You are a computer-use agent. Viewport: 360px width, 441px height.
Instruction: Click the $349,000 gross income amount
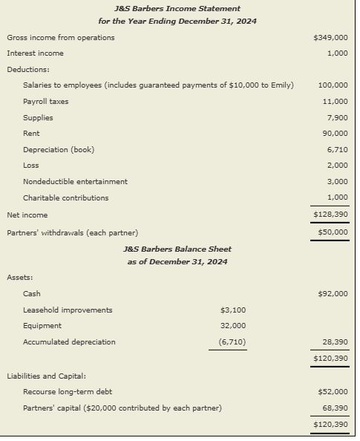331,37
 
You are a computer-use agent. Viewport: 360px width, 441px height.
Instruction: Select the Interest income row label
35,53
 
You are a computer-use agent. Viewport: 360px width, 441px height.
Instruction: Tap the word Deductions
27,69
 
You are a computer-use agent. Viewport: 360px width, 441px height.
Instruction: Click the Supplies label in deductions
38,117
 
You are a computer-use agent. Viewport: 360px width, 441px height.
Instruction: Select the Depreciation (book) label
59,150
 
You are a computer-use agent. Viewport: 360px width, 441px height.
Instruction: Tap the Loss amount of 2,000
337,166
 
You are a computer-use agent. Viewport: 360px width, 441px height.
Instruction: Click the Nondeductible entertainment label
75,181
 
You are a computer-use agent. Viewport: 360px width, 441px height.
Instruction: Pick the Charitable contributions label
65,197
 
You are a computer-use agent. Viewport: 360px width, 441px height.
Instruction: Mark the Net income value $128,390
331,215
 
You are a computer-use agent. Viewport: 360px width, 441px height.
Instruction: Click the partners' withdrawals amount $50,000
331,232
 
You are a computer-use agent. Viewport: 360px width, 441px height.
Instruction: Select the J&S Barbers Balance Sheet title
177,249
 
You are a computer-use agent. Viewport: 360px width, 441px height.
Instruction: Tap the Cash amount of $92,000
333,294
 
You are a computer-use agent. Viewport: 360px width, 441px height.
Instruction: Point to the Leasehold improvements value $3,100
233,310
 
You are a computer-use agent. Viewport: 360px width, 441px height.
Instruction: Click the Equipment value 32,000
233,326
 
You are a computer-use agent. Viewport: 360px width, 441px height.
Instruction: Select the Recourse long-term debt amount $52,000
333,391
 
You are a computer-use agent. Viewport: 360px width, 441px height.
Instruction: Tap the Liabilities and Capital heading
47,376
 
